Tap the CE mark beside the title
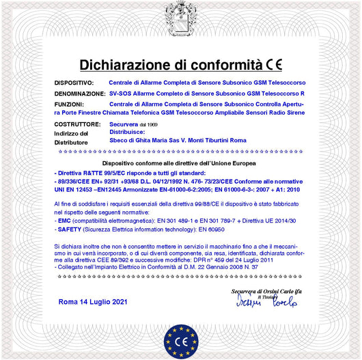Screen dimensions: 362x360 click(274, 65)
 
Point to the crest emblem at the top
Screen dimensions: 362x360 click(180, 15)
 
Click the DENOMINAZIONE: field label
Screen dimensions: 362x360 click(79, 93)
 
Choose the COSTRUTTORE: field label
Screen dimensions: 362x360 click(76, 124)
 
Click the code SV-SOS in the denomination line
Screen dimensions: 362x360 click(120, 93)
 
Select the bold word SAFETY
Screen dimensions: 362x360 click(68, 230)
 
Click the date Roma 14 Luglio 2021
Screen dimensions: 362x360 click(93, 301)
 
